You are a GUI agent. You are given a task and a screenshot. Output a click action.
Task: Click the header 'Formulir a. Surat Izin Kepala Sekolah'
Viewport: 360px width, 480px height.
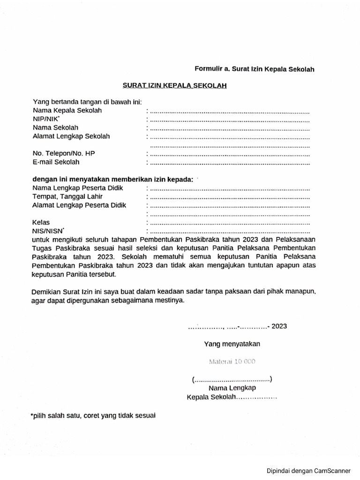click(x=254, y=69)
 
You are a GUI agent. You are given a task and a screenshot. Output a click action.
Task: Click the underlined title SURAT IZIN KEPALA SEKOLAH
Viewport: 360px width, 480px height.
click(x=175, y=86)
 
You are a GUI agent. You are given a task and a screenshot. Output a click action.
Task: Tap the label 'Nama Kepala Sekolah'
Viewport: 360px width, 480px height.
click(x=67, y=111)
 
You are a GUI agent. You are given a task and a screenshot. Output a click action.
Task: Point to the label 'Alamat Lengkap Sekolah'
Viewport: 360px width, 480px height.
click(x=71, y=136)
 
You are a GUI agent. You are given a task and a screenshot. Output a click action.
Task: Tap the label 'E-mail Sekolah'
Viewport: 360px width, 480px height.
click(x=56, y=162)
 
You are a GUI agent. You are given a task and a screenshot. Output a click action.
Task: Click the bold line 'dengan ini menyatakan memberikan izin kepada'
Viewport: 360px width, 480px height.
click(x=112, y=180)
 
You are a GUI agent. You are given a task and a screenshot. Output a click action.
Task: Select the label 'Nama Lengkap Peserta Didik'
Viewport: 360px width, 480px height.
click(x=78, y=188)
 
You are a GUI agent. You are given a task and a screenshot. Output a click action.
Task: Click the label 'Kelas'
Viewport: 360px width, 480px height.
click(x=41, y=222)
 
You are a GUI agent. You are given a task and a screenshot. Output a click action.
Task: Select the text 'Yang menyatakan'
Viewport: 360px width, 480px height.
click(x=232, y=344)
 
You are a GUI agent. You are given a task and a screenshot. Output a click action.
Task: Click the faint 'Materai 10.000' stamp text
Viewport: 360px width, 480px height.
click(x=232, y=361)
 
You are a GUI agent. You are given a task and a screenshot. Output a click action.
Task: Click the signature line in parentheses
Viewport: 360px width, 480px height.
click(x=232, y=379)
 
